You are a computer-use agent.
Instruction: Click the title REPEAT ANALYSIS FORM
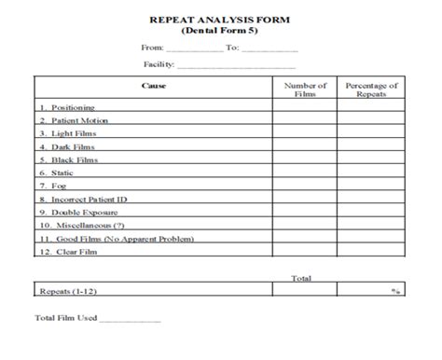pos(220,18)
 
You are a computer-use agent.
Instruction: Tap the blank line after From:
pos(195,48)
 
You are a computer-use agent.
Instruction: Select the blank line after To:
pos(270,48)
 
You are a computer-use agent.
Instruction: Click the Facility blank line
pos(236,67)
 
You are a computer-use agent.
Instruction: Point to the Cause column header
pos(154,86)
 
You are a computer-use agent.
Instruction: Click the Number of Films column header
pos(305,90)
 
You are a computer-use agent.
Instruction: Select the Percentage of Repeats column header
pos(372,90)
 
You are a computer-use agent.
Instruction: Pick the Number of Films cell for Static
pos(305,172)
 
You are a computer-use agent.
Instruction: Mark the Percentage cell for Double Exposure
pos(372,212)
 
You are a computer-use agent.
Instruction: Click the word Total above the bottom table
pos(300,277)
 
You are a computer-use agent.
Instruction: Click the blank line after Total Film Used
pos(130,319)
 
